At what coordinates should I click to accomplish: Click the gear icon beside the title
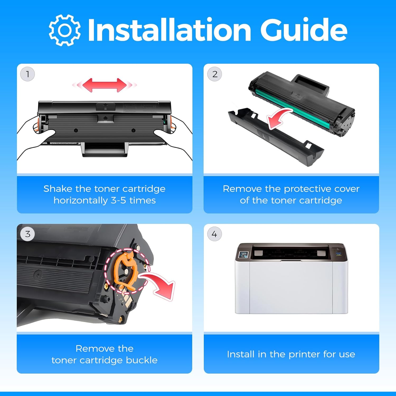point(65,30)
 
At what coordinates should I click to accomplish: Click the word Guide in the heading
point(304,30)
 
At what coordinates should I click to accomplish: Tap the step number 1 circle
point(27,74)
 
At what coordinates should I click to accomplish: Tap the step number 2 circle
point(215,74)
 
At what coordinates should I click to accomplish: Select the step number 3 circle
point(27,234)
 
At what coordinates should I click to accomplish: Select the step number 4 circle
point(214,234)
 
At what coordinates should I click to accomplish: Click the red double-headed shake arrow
point(105,85)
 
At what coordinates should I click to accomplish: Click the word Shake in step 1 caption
point(58,189)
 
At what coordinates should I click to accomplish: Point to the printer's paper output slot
point(290,253)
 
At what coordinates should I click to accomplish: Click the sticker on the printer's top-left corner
point(243,255)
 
